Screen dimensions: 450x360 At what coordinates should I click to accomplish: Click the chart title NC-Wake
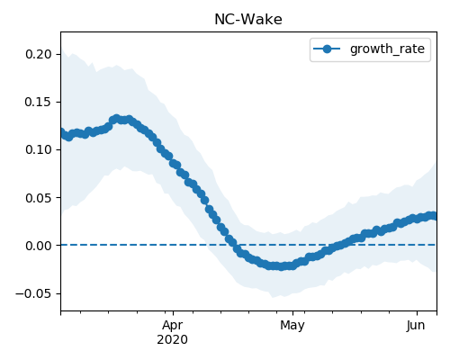click(x=248, y=20)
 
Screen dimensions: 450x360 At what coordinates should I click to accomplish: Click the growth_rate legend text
click(x=387, y=49)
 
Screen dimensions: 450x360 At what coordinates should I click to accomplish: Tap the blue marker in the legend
click(x=327, y=49)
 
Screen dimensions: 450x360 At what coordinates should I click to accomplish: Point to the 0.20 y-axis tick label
click(x=39, y=54)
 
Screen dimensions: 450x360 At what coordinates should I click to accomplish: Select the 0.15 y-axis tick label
click(x=39, y=102)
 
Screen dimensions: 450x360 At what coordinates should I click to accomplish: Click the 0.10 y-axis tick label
click(x=39, y=149)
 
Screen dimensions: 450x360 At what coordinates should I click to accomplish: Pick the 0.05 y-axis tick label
click(x=39, y=198)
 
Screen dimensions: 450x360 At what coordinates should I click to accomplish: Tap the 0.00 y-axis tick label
click(x=39, y=246)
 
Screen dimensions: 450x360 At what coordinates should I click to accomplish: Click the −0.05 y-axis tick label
click(x=33, y=293)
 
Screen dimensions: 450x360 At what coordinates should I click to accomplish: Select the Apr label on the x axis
click(x=173, y=326)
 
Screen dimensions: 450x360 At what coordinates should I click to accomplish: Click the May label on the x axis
click(x=292, y=326)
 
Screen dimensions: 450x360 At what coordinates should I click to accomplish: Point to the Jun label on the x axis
click(x=416, y=325)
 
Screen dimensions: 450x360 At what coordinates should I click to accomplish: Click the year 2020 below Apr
click(x=173, y=339)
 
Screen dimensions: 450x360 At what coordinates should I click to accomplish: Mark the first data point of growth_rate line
click(x=61, y=132)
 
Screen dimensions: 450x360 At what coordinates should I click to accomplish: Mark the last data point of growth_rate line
click(x=434, y=216)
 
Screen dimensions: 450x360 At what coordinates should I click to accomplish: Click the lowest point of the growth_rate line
click(x=281, y=266)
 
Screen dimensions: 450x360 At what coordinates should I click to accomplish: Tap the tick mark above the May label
click(x=292, y=313)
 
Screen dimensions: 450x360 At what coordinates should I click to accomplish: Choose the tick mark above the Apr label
click(x=173, y=313)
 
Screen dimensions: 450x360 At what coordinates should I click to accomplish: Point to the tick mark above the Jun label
click(x=417, y=313)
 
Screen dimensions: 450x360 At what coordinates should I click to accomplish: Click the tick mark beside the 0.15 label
click(x=58, y=102)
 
